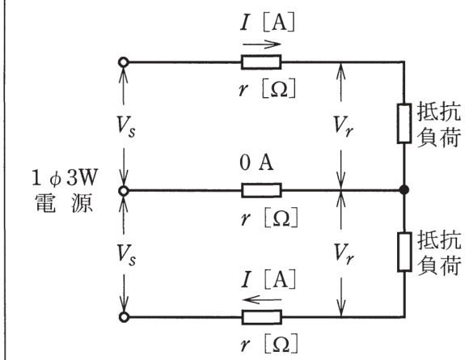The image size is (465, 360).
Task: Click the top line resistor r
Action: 261,62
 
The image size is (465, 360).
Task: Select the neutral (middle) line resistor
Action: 261,190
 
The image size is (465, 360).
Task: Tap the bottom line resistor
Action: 261,317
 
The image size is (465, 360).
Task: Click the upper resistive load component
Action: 404,124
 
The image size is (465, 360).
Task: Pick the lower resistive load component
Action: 404,252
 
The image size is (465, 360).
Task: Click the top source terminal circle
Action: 124,62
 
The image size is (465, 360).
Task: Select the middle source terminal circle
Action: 124,191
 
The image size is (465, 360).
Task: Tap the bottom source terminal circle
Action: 124,317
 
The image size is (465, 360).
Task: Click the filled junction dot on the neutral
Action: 404,189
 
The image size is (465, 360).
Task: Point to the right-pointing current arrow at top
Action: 261,44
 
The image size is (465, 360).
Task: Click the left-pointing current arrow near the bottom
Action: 261,300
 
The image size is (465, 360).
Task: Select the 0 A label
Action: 256,163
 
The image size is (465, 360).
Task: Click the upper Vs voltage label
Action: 126,126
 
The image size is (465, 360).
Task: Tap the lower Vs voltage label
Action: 126,255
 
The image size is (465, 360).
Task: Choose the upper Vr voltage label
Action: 343,126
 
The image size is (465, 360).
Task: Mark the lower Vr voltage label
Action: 343,254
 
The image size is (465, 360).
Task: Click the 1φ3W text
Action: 65,178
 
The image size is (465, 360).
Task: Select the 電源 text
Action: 64,204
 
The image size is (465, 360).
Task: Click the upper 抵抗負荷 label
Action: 439,125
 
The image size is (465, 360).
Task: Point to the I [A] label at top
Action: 268,23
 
